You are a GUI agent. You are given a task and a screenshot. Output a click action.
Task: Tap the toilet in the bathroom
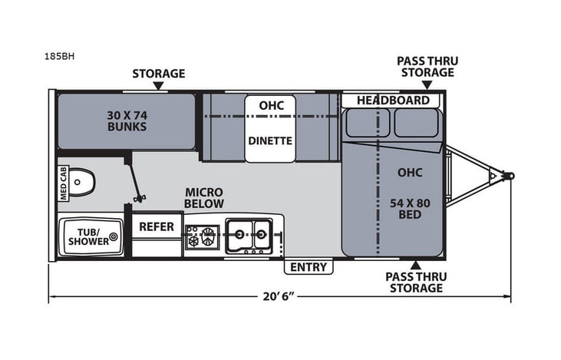(85, 183)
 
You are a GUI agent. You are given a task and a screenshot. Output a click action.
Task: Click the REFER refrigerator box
(157, 227)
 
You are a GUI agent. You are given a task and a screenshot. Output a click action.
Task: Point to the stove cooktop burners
(202, 236)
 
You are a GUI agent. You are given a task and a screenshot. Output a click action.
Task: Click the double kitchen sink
(249, 236)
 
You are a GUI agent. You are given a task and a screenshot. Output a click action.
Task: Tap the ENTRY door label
(309, 267)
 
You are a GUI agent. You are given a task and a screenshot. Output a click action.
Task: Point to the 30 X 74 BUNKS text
(127, 121)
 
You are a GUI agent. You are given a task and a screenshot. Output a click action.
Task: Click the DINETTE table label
(269, 140)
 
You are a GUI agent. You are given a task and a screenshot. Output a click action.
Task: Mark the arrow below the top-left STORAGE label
(158, 86)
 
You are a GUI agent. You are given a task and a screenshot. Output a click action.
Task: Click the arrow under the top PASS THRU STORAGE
(424, 86)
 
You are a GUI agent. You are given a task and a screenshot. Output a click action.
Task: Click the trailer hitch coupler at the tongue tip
(507, 176)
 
